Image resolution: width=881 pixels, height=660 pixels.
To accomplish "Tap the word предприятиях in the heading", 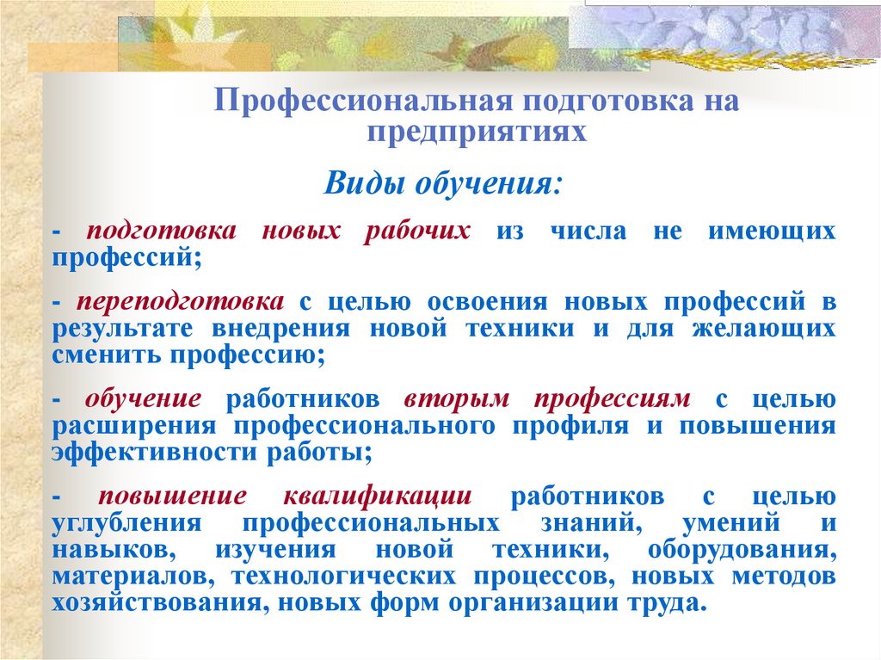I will pyautogui.click(x=477, y=132).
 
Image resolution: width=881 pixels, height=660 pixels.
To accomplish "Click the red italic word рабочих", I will pyautogui.click(x=417, y=232).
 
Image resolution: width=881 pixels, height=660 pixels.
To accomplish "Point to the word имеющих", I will pyautogui.click(x=771, y=232).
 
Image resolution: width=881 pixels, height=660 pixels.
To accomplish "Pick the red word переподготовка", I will pyautogui.click(x=180, y=303).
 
